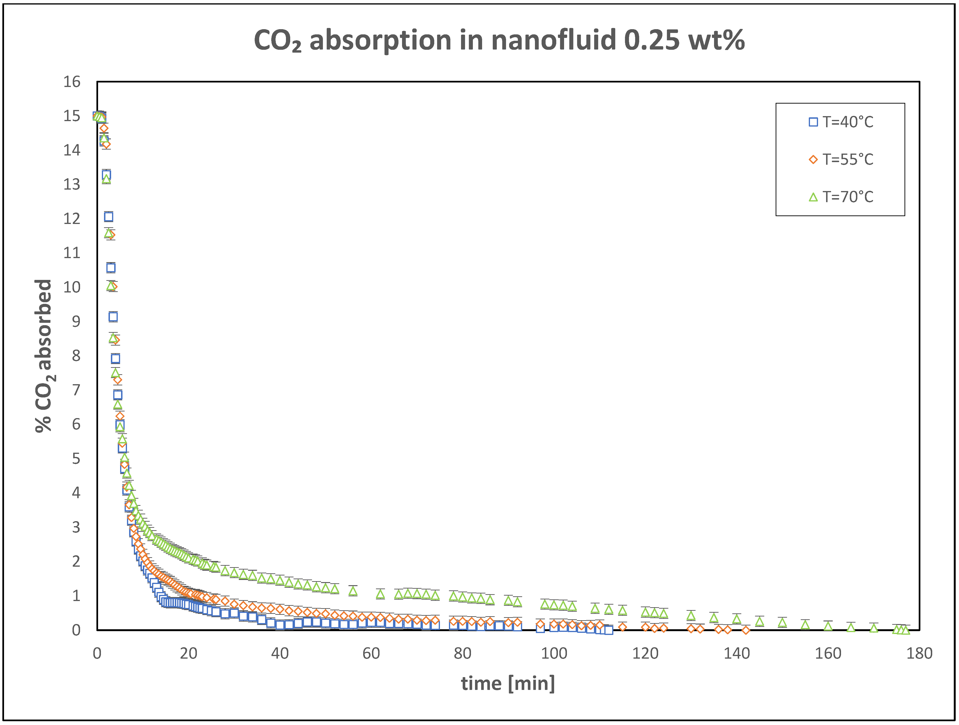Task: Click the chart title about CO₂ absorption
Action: click(499, 40)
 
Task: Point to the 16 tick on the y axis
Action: click(72, 82)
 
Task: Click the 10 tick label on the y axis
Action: click(72, 287)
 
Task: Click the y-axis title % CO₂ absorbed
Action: click(44, 356)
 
